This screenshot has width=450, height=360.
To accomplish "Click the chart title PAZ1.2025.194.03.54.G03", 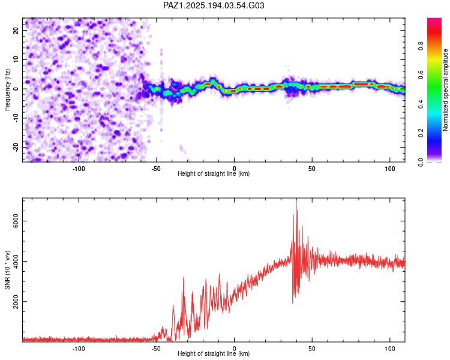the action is (x=214, y=5).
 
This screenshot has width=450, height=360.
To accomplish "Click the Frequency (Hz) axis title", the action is (x=7, y=90).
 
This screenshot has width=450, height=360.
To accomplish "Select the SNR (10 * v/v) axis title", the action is (x=7, y=270).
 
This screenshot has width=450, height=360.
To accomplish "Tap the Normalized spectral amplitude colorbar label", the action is (x=445, y=90).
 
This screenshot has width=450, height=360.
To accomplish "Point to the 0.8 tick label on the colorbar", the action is (x=421, y=46).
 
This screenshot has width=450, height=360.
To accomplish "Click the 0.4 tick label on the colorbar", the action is (x=421, y=104).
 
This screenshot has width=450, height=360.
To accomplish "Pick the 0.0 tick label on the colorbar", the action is (x=421, y=163).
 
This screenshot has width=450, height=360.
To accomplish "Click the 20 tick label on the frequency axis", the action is (x=16, y=30).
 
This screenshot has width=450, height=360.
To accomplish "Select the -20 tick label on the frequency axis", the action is (x=16, y=148).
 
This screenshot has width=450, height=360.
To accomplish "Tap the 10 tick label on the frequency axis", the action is (x=16, y=59).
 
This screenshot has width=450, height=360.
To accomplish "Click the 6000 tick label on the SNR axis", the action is (x=16, y=221).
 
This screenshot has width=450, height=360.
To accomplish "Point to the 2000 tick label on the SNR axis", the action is (x=16, y=302).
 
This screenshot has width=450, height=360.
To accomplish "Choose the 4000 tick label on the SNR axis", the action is (x=16, y=261).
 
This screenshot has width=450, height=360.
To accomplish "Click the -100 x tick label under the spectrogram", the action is (x=79, y=169).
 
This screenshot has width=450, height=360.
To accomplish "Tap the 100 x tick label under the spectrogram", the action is (x=390, y=169).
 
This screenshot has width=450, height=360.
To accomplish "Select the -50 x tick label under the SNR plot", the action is (x=156, y=349).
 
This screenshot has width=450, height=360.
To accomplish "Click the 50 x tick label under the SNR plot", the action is (x=312, y=349).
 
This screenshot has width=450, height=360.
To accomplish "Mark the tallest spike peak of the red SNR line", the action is (x=296, y=199).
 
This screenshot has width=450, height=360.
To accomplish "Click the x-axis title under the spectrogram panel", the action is (x=214, y=173).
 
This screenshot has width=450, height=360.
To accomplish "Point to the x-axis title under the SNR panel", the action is (x=214, y=353).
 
